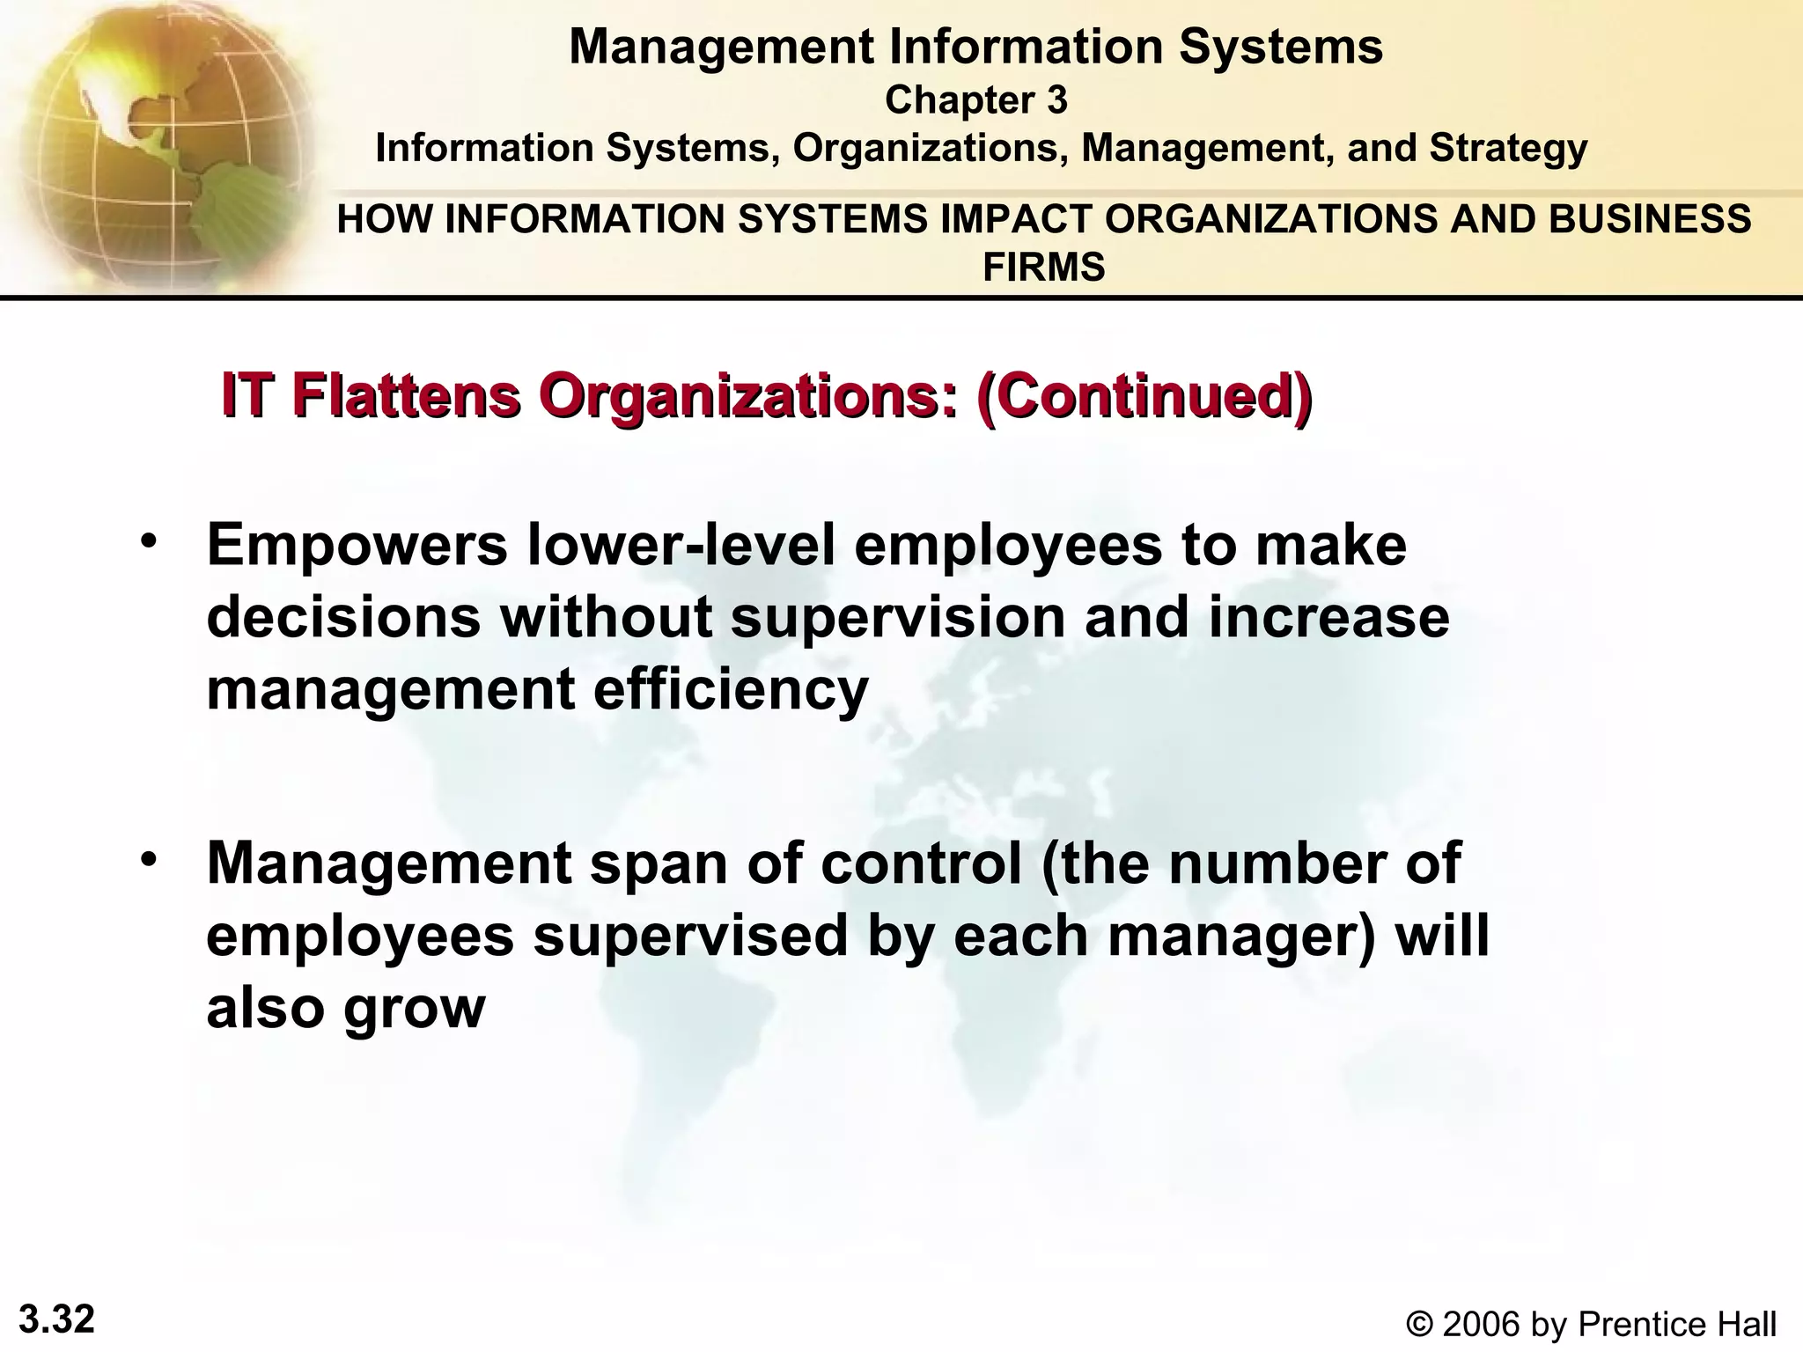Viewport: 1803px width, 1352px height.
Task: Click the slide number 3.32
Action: [56, 1319]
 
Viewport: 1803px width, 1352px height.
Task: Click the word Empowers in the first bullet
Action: [357, 545]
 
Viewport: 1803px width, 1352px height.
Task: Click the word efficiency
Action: [731, 689]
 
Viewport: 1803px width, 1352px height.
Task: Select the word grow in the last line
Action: [414, 1010]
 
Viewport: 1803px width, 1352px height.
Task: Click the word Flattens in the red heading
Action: [406, 395]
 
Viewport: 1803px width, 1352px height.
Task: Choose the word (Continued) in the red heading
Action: [1143, 395]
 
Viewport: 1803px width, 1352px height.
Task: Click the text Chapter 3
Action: [975, 100]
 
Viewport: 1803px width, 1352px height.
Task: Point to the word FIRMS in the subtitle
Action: [1043, 267]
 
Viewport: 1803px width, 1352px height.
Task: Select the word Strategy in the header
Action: [1508, 148]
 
